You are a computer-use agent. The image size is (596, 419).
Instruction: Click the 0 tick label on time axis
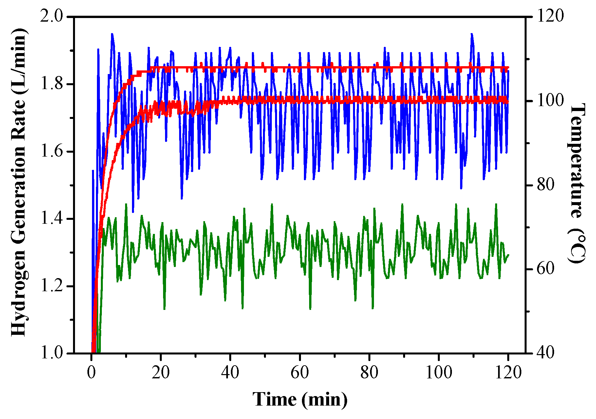91,372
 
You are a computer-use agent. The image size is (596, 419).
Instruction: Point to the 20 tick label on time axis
161,372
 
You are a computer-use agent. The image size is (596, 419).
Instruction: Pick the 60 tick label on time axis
300,372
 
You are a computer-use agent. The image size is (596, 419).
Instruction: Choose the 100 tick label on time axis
438,372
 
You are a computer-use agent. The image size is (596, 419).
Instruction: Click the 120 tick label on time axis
508,372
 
